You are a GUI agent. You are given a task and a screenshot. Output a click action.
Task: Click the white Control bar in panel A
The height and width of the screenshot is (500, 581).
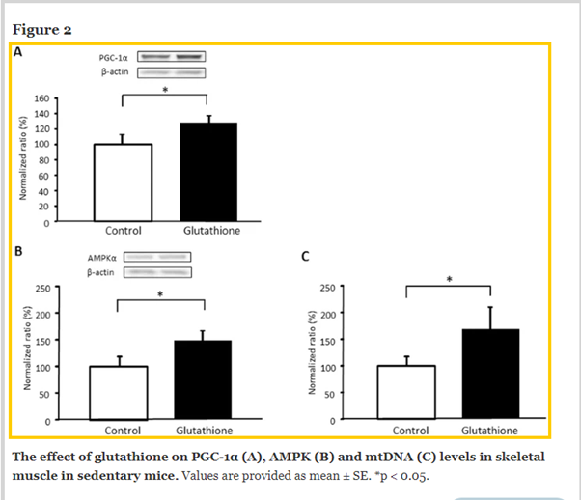(x=123, y=183)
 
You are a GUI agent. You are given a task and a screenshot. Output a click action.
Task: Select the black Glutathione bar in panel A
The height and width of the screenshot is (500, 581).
(x=208, y=173)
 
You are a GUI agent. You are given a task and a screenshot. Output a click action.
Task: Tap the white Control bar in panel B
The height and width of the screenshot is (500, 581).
(x=118, y=393)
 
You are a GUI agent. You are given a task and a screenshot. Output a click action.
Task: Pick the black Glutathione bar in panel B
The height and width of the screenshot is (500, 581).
(x=204, y=379)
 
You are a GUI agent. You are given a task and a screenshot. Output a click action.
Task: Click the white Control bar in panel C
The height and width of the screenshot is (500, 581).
(x=405, y=393)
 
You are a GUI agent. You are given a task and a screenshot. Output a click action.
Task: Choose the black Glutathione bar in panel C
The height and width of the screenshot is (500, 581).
(x=490, y=375)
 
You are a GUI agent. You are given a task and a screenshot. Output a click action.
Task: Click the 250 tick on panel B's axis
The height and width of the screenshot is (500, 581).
(x=43, y=288)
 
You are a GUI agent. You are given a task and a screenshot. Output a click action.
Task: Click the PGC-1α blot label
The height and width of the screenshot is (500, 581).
(x=118, y=57)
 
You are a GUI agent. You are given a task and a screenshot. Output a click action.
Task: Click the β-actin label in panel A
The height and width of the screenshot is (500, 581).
(x=117, y=72)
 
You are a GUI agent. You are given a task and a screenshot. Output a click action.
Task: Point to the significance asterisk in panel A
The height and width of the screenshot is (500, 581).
(x=165, y=90)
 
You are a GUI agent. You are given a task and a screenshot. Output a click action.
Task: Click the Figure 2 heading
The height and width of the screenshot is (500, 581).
(x=41, y=29)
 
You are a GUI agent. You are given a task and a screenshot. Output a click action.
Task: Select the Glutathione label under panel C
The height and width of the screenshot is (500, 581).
(x=489, y=430)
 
